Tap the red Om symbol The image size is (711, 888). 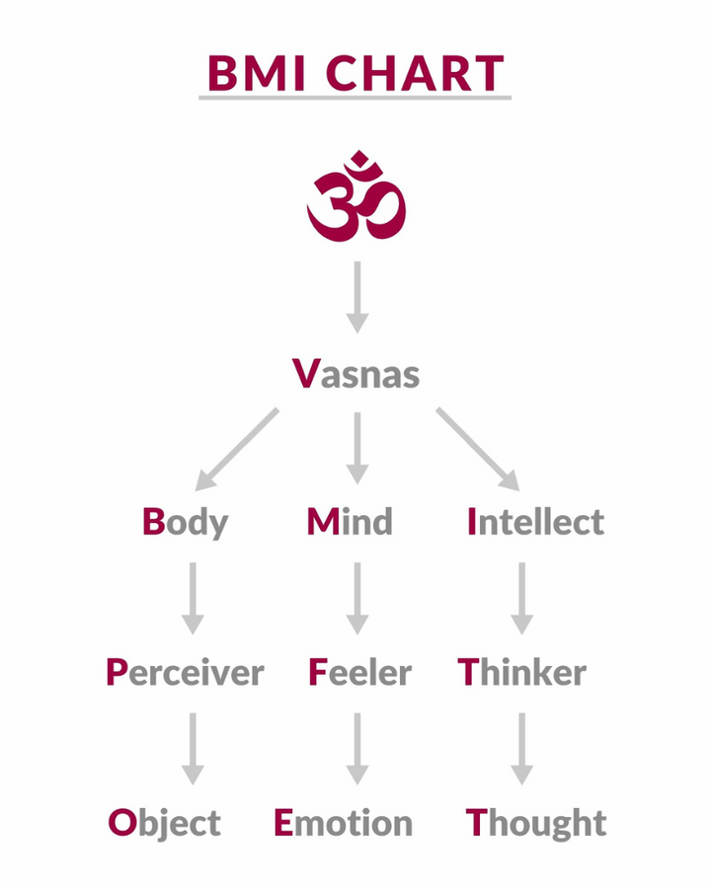tap(356, 197)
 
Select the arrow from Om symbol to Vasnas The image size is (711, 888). tap(357, 296)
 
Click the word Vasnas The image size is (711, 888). tap(356, 374)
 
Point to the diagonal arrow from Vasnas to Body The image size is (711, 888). tap(237, 449)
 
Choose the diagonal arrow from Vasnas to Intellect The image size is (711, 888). tap(477, 449)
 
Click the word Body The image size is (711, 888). tap(185, 521)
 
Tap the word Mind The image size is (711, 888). tap(350, 521)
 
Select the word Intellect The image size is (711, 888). tap(535, 521)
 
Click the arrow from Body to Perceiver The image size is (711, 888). tap(194, 597)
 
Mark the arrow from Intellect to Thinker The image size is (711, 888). tap(521, 597)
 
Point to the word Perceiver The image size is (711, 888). tap(185, 673)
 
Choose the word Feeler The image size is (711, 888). tap(359, 673)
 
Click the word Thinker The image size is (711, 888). tap(522, 673)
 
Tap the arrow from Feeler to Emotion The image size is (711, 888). tap(357, 748)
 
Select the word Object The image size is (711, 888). tap(165, 822)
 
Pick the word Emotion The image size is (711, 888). tap(343, 822)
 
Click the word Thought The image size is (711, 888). tap(536, 822)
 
